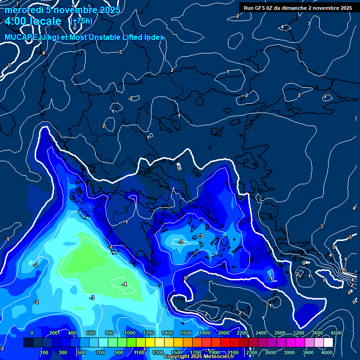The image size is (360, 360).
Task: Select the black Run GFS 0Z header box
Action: coord(298,7)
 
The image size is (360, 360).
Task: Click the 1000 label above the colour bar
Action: coord(129,333)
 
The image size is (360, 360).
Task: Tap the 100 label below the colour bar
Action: coord(45,352)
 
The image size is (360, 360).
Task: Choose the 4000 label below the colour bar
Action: coord(327,352)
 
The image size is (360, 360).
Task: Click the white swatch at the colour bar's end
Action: coord(328,343)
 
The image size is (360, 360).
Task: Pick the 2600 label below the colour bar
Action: coord(271,352)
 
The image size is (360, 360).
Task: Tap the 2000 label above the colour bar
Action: coord(223,333)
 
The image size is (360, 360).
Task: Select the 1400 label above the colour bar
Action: coord(167,333)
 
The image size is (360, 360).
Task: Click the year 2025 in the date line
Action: coord(109,10)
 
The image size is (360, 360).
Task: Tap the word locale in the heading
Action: coord(45,21)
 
